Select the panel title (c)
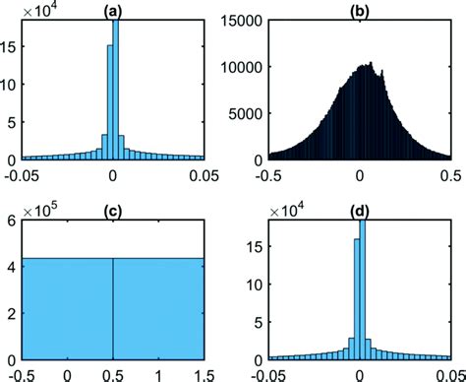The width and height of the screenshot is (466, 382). coord(112,213)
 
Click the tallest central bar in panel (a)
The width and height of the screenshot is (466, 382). coord(115,89)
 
